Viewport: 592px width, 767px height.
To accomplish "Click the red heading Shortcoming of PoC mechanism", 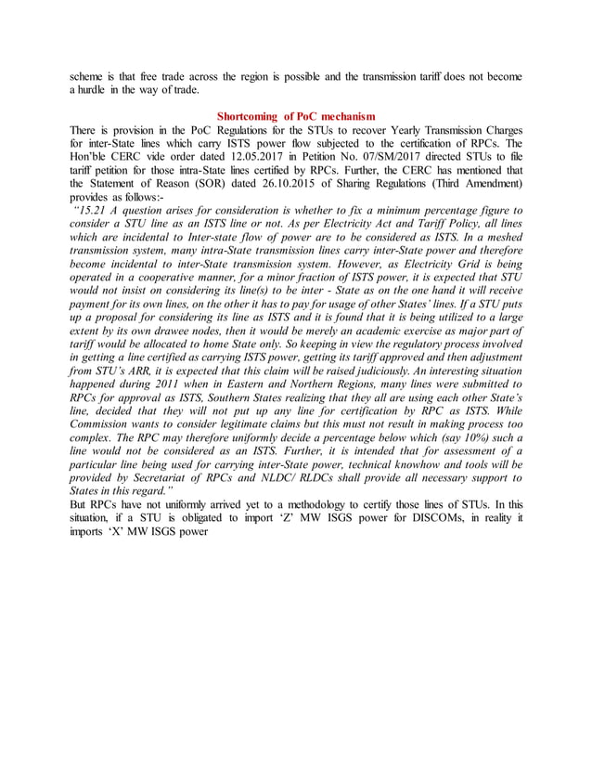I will (295, 116).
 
